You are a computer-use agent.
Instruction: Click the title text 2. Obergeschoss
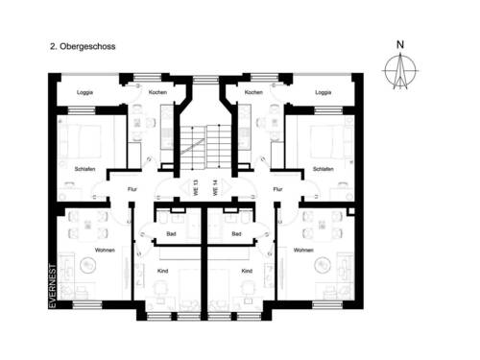[x=81, y=45]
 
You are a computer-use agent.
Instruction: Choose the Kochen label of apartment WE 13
[x=158, y=92]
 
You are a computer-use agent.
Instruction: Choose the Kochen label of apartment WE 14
[x=253, y=92]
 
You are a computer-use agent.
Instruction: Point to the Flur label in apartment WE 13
[x=132, y=189]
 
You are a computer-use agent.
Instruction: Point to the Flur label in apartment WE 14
[x=277, y=189]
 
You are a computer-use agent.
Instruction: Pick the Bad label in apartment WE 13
[x=170, y=232]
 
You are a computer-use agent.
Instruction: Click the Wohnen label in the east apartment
[x=304, y=250]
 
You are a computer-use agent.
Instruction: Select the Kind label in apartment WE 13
[x=162, y=271]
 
